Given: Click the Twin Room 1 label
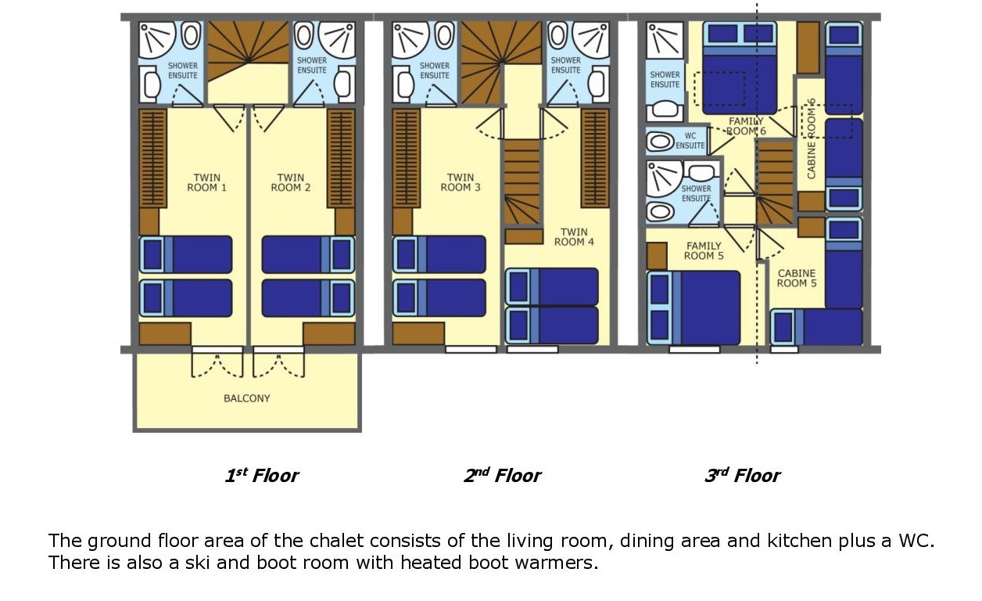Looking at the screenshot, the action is point(207,182).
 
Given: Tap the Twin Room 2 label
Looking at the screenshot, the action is point(291,182).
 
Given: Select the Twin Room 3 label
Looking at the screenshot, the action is point(461,182).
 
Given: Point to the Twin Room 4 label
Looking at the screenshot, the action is point(574,237).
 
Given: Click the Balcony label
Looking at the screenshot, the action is point(247,398).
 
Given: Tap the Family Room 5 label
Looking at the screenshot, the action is point(704,251).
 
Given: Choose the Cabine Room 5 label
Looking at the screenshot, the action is point(797,278).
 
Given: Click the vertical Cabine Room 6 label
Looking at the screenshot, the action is point(811,139).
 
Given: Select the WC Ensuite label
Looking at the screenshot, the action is point(690,140).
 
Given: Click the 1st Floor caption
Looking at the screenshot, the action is point(262,476).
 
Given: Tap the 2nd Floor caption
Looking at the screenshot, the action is point(503,476).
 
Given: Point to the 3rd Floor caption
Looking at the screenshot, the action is point(742,476).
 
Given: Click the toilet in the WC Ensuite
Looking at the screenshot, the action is point(661,142).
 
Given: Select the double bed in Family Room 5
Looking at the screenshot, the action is point(693,308).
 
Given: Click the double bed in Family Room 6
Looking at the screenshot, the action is point(740,68).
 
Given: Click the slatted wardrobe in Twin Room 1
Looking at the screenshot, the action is point(153,158).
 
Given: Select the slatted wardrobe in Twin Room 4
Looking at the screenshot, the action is point(595,158).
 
